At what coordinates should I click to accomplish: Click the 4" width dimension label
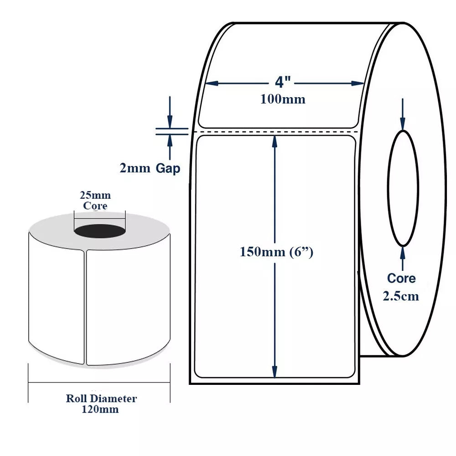(x=283, y=83)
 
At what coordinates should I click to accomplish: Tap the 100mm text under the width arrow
(x=283, y=99)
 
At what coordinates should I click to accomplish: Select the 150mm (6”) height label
(x=276, y=252)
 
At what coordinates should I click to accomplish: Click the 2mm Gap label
(x=150, y=168)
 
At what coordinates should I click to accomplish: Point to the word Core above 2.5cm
(x=401, y=278)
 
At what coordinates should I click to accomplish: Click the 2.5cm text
(x=401, y=296)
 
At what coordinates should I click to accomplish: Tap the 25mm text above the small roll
(x=95, y=196)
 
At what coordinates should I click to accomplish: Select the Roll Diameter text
(x=101, y=399)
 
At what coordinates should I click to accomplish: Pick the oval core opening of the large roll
(x=403, y=188)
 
